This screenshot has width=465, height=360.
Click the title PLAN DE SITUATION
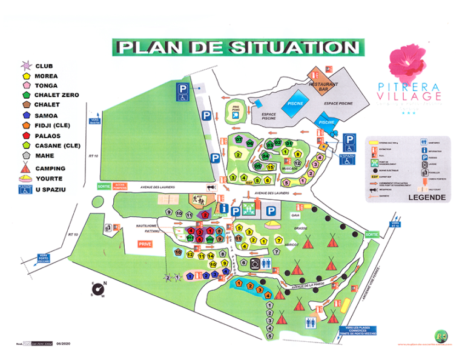coord(237,47)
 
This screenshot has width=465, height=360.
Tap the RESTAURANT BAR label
coord(323,87)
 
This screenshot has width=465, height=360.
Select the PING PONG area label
coord(235,108)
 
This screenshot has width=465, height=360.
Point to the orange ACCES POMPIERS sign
coord(119,186)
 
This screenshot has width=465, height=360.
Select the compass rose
coord(99,289)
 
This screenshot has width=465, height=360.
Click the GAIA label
coord(295,215)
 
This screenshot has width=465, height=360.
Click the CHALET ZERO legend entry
coord(56,95)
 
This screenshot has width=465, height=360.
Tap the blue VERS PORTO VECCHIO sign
coord(43,258)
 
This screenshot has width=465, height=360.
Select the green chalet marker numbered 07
coord(240,141)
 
